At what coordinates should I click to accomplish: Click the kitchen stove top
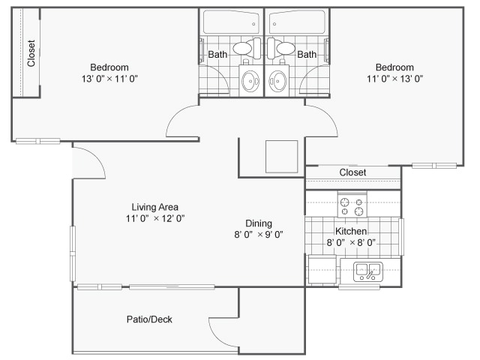[x=352, y=205]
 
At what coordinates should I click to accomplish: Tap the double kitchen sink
[x=368, y=271]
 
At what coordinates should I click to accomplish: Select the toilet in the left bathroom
[x=247, y=48]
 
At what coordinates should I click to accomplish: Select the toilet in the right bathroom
[x=280, y=48]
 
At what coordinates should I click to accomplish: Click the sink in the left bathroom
[x=250, y=81]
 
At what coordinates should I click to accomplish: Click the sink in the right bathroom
[x=277, y=81]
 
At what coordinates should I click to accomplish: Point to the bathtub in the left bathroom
[x=231, y=22]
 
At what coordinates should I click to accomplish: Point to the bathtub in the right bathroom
[x=297, y=22]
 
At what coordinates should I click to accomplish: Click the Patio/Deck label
[x=149, y=319]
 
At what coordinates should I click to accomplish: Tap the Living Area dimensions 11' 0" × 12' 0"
[x=155, y=218]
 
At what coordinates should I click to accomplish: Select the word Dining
[x=259, y=223]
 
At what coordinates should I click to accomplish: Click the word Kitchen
[x=351, y=231]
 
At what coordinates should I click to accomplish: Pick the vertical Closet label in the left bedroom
[x=31, y=53]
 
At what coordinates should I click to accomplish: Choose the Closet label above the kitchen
[x=352, y=172]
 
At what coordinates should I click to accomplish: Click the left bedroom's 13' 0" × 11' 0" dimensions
[x=109, y=79]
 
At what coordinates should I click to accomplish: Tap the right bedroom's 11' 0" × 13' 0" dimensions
[x=395, y=79]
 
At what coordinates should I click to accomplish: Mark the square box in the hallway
[x=282, y=157]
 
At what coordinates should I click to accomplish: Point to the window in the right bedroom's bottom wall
[x=434, y=166]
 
